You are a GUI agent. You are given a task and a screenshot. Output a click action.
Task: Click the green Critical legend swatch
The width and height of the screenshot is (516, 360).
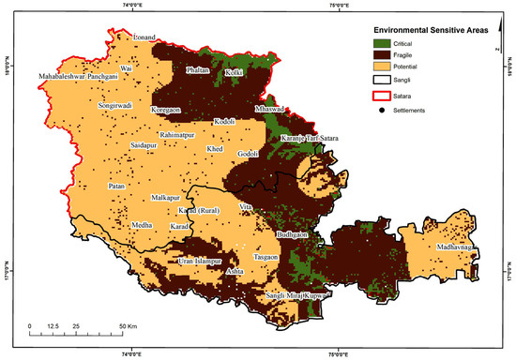[x=378, y=43]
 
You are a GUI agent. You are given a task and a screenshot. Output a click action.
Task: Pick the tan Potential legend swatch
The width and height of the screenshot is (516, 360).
[x=378, y=68]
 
